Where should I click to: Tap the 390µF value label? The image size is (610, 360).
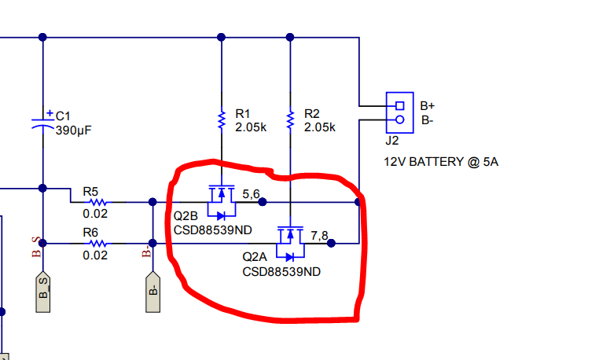74,130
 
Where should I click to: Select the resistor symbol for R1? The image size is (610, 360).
221,120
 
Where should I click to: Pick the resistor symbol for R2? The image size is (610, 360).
291,120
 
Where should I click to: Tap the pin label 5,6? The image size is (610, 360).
252,193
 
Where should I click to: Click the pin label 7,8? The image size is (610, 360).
320,234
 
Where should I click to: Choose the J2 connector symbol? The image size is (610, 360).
399,112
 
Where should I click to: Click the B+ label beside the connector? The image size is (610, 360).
428,105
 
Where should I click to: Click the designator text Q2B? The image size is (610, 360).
186,215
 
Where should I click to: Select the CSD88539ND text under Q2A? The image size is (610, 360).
281,271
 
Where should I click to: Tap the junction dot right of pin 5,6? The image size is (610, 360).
263,202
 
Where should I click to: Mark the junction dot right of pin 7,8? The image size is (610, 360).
331,244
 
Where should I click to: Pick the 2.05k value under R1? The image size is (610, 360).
252,127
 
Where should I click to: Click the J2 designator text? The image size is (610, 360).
391,141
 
